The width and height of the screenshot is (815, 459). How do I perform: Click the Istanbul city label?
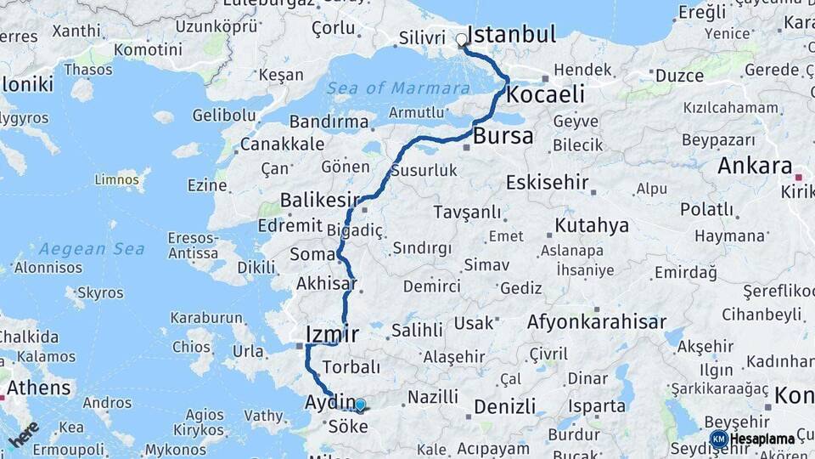pyautogui.click(x=512, y=35)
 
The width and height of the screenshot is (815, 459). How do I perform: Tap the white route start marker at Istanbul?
pyautogui.click(x=462, y=39)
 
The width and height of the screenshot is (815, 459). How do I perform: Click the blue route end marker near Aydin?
pyautogui.click(x=360, y=405)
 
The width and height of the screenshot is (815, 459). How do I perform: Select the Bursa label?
pyautogui.click(x=503, y=136)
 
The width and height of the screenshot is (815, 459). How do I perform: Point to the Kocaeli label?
pyautogui.click(x=545, y=94)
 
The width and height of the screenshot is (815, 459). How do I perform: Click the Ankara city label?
pyautogui.click(x=754, y=167)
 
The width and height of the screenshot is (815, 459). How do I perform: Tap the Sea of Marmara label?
pyautogui.click(x=398, y=88)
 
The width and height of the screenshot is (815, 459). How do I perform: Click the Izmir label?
pyautogui.click(x=332, y=334)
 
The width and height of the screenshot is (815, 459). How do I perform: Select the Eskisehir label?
pyautogui.click(x=547, y=182)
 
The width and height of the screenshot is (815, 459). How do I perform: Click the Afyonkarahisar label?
pyautogui.click(x=596, y=322)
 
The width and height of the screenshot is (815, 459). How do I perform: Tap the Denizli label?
pyautogui.click(x=504, y=406)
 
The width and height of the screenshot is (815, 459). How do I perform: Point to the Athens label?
pyautogui.click(x=39, y=388)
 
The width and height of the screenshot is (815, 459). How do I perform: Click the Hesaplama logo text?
pyautogui.click(x=762, y=439)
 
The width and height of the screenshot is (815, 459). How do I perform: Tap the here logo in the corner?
pyautogui.click(x=24, y=434)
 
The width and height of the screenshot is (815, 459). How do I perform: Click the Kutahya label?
pyautogui.click(x=592, y=225)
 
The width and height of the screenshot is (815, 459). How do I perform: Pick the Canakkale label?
pyautogui.click(x=282, y=144)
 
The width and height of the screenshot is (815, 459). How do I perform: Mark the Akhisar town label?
pyautogui.click(x=326, y=283)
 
